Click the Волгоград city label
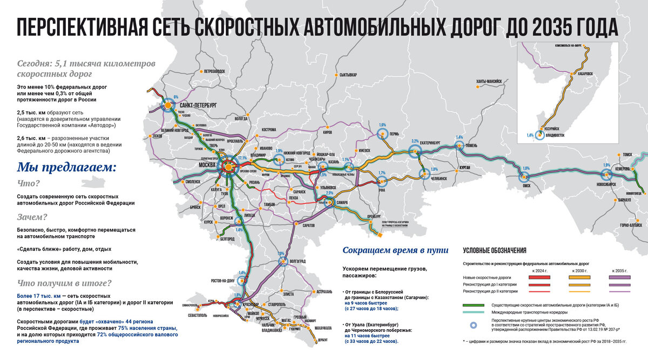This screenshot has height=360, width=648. [x=301, y=260]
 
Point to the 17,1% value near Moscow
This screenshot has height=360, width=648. [x=242, y=158]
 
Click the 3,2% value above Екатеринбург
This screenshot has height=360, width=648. [x=415, y=141]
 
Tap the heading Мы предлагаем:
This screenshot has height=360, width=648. [x=67, y=167]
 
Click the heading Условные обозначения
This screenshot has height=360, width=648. [x=495, y=250]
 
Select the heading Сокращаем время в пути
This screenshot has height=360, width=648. [x=396, y=250]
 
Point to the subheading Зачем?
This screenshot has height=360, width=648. [x=32, y=218]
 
